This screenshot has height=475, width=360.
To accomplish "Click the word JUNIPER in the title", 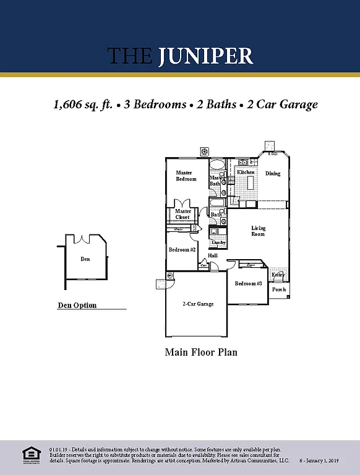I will click(x=206, y=56).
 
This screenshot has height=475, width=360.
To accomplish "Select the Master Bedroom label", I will click(x=186, y=176).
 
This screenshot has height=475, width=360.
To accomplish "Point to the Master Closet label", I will click(x=182, y=214).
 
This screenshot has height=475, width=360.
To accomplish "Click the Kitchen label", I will click(x=246, y=172).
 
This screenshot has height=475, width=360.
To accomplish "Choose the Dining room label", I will click(x=273, y=174).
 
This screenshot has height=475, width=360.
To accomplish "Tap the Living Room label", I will click(x=258, y=231).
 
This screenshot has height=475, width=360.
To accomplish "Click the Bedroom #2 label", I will click(x=182, y=250).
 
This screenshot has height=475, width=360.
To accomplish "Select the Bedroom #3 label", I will click(x=249, y=283).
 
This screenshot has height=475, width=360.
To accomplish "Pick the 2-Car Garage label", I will click(x=198, y=304).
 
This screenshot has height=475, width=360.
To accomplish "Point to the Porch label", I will click(x=279, y=289).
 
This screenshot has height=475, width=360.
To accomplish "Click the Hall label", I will click(x=213, y=255).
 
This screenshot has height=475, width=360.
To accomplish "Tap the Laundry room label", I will click(x=219, y=242).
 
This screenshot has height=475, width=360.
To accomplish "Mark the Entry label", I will click(x=278, y=275).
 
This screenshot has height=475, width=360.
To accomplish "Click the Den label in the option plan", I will click(x=85, y=259).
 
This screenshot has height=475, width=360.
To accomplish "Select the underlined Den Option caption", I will click(x=77, y=306).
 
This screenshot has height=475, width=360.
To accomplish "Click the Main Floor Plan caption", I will click(x=201, y=353).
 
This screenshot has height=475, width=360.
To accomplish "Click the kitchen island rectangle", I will click(x=251, y=182).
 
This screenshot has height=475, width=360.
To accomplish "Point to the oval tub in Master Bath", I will click(x=216, y=166).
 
